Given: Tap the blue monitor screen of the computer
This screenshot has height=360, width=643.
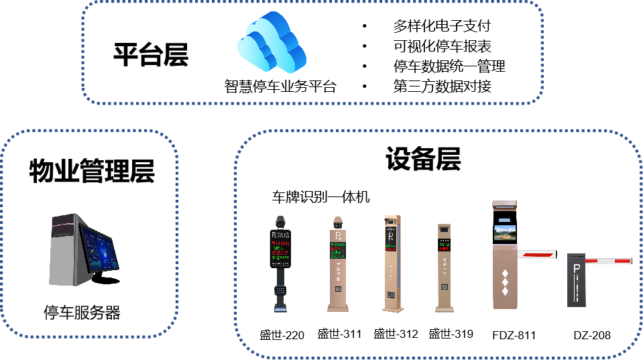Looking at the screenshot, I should (x=98, y=249).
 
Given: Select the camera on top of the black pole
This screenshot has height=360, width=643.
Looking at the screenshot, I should (x=280, y=221).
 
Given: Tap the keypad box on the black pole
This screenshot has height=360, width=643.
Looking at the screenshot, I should (x=280, y=292).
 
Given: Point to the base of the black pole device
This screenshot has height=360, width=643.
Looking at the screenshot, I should (x=280, y=309).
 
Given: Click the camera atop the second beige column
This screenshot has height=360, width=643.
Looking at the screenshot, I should (x=338, y=222).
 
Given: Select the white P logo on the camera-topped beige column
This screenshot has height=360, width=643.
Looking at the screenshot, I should (x=338, y=236).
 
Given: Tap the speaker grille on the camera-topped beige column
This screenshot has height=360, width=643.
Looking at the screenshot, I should (x=338, y=289).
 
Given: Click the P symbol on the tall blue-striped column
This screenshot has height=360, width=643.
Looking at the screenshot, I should (x=392, y=236).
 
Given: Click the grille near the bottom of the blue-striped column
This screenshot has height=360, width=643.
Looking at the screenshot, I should (x=390, y=294).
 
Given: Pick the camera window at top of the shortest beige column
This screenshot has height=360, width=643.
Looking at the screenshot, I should (x=444, y=230).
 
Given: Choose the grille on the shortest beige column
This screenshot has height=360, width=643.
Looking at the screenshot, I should (x=444, y=286).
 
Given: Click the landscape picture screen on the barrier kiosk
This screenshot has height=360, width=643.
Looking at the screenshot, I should (x=504, y=232).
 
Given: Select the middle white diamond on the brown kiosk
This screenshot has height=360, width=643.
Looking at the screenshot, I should (x=505, y=282).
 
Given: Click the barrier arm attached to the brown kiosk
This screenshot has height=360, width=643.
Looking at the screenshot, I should (x=537, y=254).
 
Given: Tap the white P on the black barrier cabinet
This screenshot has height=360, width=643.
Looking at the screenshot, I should (x=576, y=268).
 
